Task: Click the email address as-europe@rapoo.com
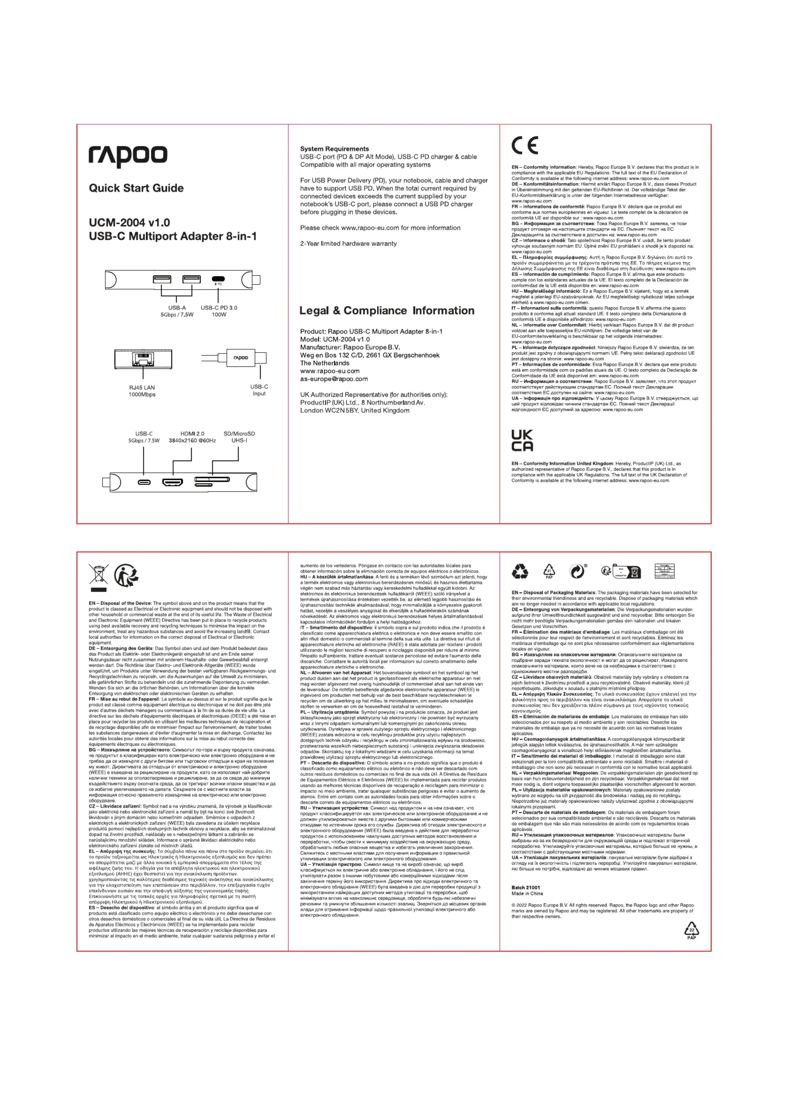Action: [334, 379]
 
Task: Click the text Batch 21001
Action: [526, 888]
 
